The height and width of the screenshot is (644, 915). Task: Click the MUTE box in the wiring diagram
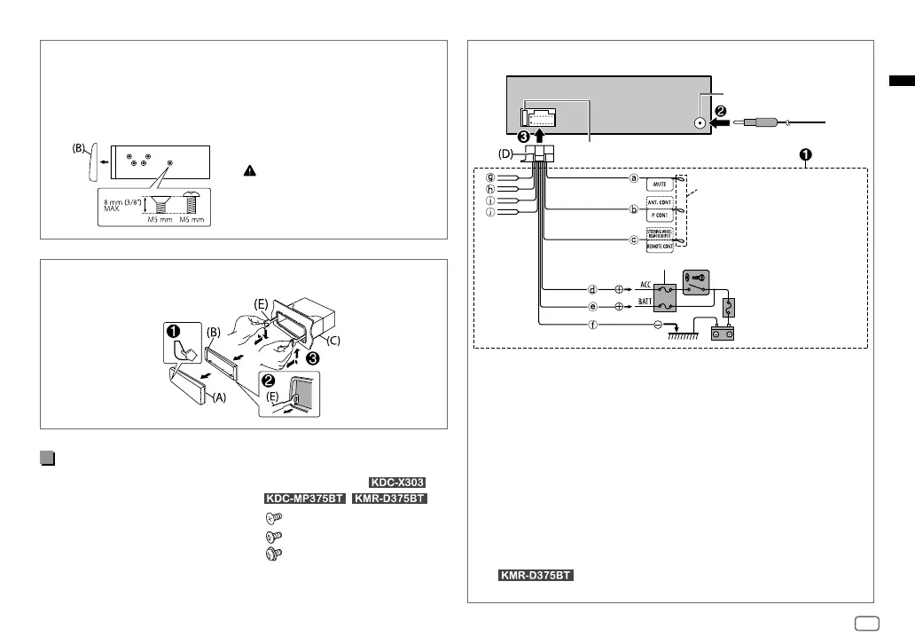tap(661, 184)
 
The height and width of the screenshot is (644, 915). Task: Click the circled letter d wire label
tap(592, 289)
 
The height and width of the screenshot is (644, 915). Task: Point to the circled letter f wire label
tap(592, 325)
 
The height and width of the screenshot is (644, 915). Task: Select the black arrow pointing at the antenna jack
tap(721, 123)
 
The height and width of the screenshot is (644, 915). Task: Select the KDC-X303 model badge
tap(394, 483)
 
